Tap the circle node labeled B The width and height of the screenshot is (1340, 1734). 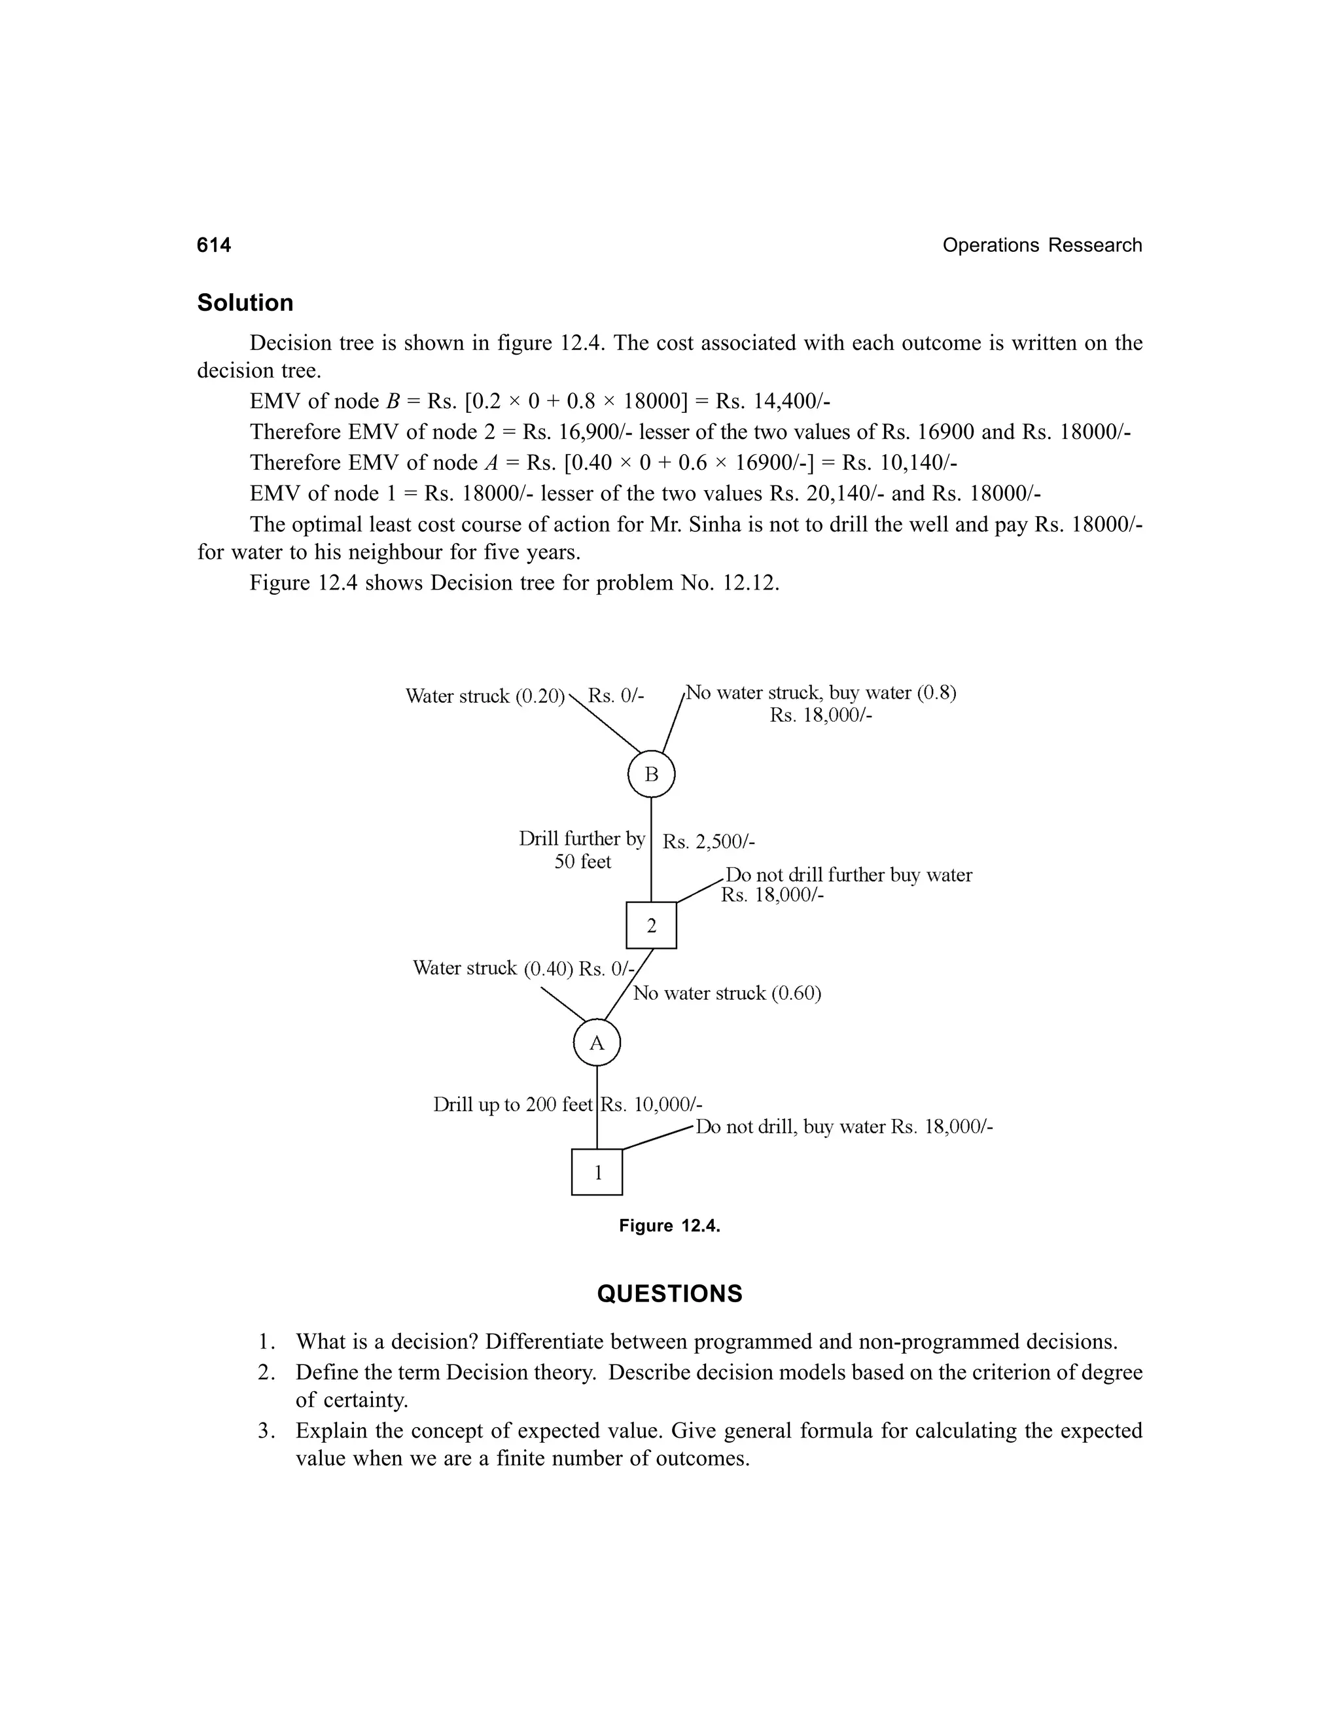tap(651, 774)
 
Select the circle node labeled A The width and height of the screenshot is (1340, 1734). tap(596, 1043)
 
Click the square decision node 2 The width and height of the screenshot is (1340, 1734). tap(651, 925)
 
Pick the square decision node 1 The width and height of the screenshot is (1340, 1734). tap(597, 1172)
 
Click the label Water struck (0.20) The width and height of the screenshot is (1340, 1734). tap(484, 696)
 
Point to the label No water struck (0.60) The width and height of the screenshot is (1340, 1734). tap(726, 993)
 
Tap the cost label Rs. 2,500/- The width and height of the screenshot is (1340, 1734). tap(708, 841)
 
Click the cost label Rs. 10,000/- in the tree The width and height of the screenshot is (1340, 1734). tap(652, 1105)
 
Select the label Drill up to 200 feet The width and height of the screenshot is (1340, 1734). tap(513, 1105)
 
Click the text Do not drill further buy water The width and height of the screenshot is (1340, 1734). tap(848, 875)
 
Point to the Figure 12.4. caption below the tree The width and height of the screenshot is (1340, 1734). tap(669, 1226)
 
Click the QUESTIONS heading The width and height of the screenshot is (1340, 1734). tap(669, 1294)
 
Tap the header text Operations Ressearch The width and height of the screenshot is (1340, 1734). tap(1042, 245)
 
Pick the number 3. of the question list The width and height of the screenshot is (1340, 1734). tap(267, 1430)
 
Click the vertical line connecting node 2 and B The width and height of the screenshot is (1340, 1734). tap(651, 849)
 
